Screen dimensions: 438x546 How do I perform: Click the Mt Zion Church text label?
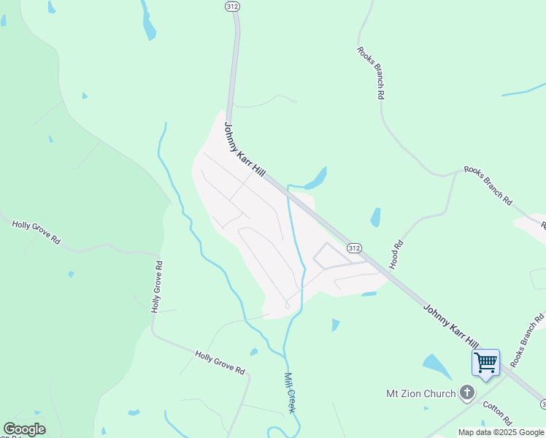(421, 393)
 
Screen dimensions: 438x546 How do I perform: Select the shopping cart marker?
(485, 362)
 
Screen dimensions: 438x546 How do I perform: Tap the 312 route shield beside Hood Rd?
(354, 248)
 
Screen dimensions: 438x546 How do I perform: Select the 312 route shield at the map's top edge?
(231, 5)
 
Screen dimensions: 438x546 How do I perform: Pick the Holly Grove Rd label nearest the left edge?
(36, 231)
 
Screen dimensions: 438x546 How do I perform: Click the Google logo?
(24, 429)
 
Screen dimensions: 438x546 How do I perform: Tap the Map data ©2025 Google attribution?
(501, 432)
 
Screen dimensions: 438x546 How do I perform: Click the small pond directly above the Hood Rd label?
(375, 217)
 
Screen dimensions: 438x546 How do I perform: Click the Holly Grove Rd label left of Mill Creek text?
(219, 362)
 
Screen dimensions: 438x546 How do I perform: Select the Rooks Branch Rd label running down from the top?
(371, 72)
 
